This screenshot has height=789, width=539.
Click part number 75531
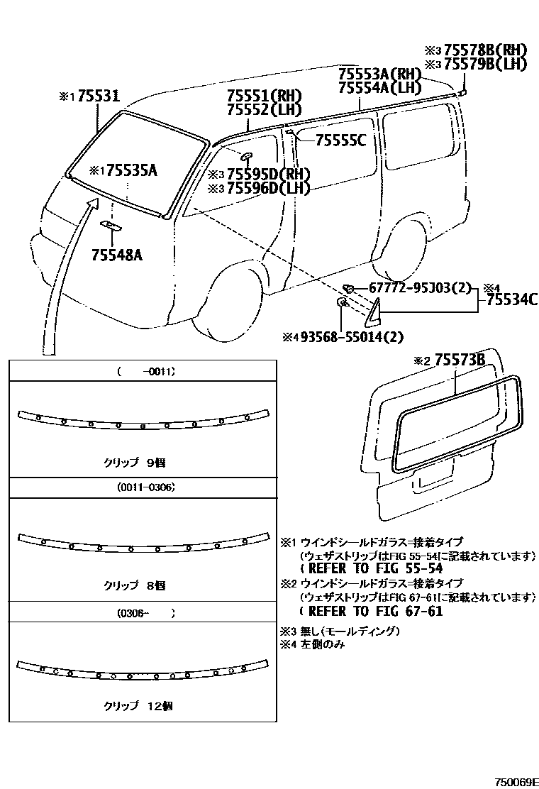[99, 96]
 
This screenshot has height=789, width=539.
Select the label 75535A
[130, 170]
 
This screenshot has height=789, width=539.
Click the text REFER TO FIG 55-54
[372, 568]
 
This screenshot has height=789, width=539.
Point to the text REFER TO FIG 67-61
[372, 611]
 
